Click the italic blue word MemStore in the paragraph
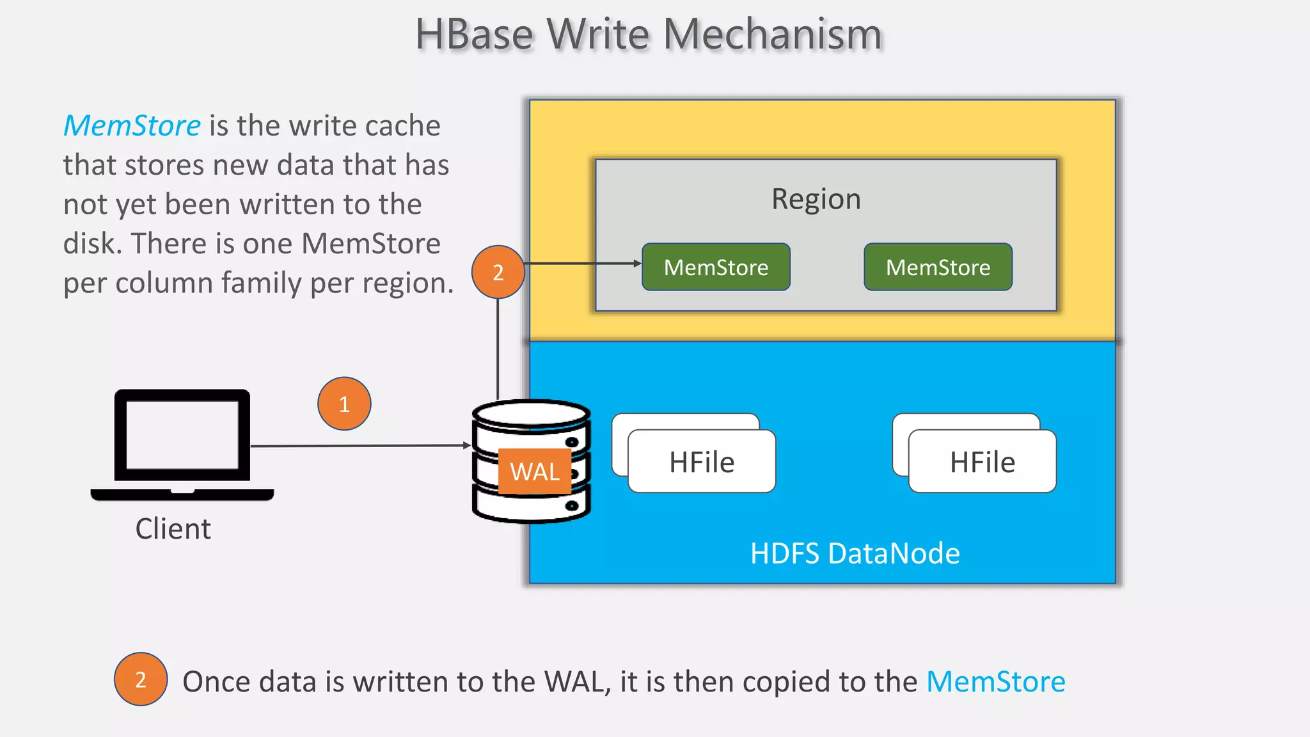pyautogui.click(x=132, y=125)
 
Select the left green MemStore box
pyautogui.click(x=716, y=267)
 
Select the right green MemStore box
pyautogui.click(x=938, y=267)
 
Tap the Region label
pyautogui.click(x=816, y=199)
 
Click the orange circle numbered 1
pyautogui.click(x=344, y=404)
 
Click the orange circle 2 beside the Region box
pyautogui.click(x=498, y=272)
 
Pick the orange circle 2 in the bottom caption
pyautogui.click(x=141, y=679)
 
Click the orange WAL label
pyautogui.click(x=534, y=472)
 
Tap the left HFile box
pyautogui.click(x=702, y=462)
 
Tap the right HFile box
pyautogui.click(x=982, y=462)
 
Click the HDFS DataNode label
pyautogui.click(x=855, y=553)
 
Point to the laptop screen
pyautogui.click(x=182, y=435)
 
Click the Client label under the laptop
pyautogui.click(x=173, y=529)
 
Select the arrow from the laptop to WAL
pyautogui.click(x=358, y=445)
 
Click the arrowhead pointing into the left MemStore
pyautogui.click(x=636, y=263)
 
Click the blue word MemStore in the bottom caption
pyautogui.click(x=995, y=681)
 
